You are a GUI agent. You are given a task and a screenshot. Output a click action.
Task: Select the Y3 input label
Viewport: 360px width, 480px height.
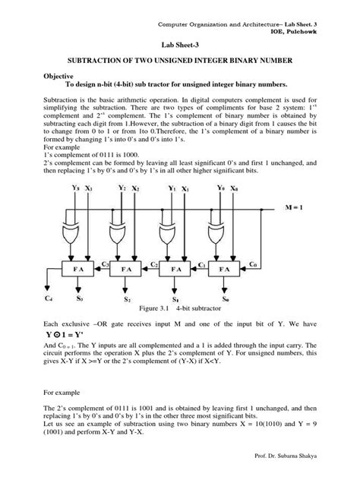75,186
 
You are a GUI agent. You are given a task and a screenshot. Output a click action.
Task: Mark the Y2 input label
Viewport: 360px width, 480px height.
122,186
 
